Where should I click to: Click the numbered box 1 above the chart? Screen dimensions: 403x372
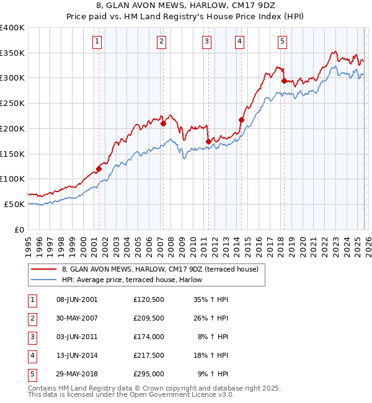tap(98, 42)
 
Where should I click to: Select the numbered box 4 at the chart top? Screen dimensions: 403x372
tap(239, 42)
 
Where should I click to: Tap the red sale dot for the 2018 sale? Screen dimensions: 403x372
tap(284, 81)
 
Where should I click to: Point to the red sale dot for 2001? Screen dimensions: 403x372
tap(99, 169)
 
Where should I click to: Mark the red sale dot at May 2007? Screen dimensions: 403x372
tap(164, 123)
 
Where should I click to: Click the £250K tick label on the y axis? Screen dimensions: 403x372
tap(12, 104)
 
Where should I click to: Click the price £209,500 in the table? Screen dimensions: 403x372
tap(149, 319)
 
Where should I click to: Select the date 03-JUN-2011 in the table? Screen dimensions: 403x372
tap(77, 337)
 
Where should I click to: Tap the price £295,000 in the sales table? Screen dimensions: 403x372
tap(149, 374)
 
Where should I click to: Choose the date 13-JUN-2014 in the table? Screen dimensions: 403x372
tap(77, 356)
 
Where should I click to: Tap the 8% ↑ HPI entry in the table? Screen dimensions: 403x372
tap(213, 337)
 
